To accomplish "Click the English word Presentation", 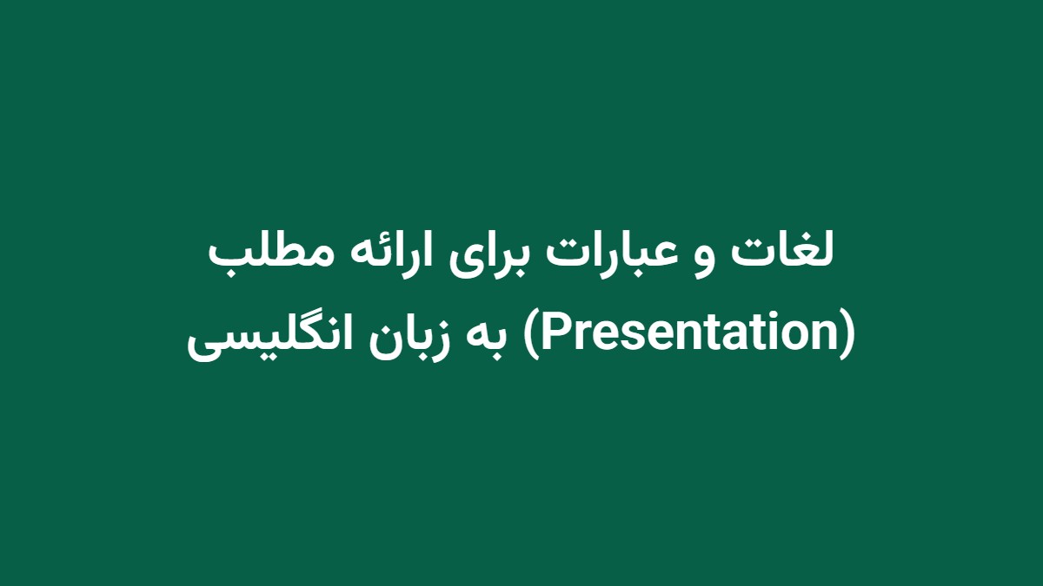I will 690,334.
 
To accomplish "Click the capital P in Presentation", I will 550,334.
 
